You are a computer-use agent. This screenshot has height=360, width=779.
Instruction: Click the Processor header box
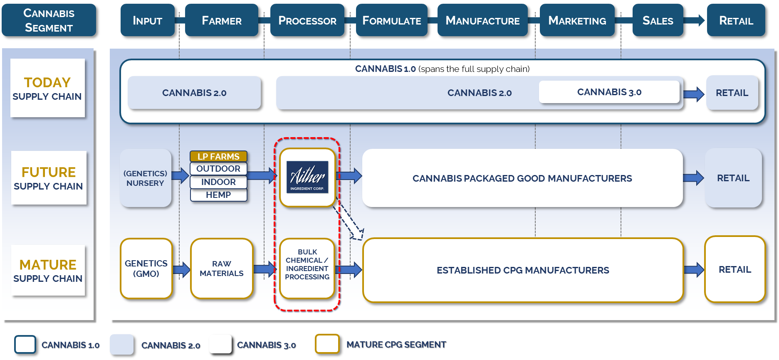click(x=307, y=20)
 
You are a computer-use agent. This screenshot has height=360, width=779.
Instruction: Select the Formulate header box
click(x=391, y=20)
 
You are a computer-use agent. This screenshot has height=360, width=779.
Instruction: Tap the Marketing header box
click(x=577, y=20)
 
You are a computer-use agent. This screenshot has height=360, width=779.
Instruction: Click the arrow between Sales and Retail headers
click(x=695, y=20)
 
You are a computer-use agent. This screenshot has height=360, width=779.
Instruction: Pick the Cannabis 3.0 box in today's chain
click(x=609, y=92)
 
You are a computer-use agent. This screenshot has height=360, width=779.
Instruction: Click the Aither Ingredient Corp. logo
click(x=307, y=177)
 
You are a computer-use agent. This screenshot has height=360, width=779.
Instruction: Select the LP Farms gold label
click(x=218, y=156)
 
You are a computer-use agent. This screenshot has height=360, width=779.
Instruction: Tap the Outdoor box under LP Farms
click(x=218, y=169)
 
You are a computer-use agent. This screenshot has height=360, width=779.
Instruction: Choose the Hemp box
click(x=218, y=195)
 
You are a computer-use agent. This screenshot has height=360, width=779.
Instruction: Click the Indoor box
click(x=218, y=182)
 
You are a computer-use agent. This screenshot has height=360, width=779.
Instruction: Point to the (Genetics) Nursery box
click(x=145, y=178)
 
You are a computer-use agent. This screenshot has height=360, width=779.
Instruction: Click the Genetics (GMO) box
click(x=146, y=269)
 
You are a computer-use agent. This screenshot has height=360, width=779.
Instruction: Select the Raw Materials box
click(x=222, y=269)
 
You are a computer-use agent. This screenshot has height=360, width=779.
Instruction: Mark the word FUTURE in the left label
click(x=49, y=172)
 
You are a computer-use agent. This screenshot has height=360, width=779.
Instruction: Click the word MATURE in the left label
click(x=48, y=265)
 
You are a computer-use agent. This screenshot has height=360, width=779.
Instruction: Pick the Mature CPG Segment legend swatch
click(x=327, y=344)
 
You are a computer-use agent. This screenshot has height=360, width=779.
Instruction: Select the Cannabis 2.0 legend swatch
click(x=121, y=345)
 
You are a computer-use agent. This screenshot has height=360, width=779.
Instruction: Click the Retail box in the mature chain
click(x=734, y=269)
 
